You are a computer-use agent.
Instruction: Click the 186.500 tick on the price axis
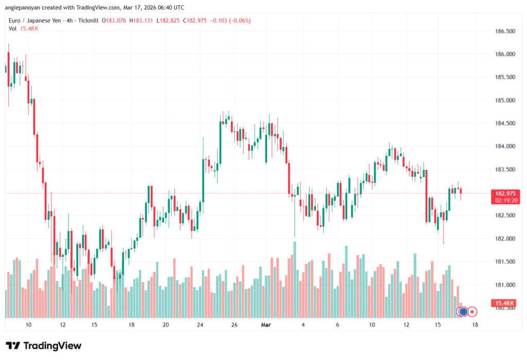504,31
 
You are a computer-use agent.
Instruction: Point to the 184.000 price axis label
504,146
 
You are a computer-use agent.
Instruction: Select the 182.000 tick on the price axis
504,238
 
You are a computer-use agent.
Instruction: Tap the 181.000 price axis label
504,285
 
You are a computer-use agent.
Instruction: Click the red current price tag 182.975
505,193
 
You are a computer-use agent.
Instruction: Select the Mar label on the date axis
266,325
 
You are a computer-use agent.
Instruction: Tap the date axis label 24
200,325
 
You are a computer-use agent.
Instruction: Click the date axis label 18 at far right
475,325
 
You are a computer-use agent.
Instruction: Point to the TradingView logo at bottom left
44,346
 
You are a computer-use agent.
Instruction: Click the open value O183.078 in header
115,20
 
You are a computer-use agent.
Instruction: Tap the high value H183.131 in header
143,20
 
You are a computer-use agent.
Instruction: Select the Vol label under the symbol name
13,28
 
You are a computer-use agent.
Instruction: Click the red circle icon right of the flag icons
472,312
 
